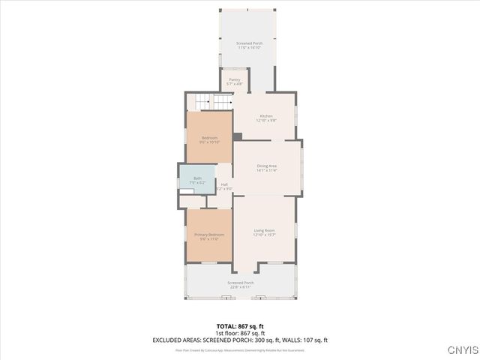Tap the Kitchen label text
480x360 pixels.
pos(266,118)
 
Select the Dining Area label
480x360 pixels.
pos(267,168)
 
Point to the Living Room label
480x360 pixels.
pos(264,232)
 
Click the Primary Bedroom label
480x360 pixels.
pos(209,237)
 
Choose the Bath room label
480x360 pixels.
pos(197,180)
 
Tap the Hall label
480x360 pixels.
pos(224,187)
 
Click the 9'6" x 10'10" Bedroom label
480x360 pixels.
pos(209,139)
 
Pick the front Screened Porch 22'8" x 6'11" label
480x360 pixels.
pos(241,285)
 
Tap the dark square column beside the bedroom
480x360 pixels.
pos(237,136)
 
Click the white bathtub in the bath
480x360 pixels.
pos(196,192)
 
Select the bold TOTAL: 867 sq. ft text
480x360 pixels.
pos(241,326)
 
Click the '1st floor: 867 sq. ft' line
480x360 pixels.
pos(241,333)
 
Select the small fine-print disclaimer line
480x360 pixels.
pos(241,349)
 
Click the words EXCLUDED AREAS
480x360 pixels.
pos(173,340)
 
